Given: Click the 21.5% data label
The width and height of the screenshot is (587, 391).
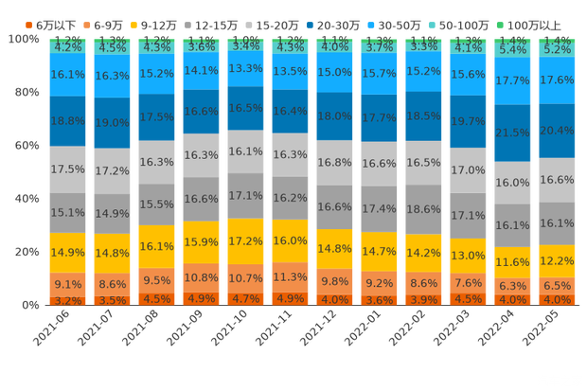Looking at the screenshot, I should (512, 133).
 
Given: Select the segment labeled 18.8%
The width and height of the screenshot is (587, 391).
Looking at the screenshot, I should (66, 121).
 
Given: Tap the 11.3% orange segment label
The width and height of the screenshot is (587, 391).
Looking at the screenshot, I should (290, 277).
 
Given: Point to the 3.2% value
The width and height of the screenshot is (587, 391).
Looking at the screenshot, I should (66, 300).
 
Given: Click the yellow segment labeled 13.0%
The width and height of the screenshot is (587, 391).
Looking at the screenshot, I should (468, 256).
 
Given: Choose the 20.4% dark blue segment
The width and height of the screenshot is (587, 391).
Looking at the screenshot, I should (557, 131).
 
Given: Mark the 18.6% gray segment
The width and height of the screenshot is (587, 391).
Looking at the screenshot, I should (423, 208).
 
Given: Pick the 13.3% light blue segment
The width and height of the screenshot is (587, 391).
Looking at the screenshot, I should (245, 68).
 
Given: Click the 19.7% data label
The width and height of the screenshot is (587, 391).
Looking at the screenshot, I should (468, 121).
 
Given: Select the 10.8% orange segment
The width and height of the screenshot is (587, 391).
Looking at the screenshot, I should (201, 278).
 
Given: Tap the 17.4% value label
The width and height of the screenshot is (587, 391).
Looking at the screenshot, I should (379, 208).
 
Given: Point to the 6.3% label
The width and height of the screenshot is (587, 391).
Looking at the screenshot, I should (512, 286).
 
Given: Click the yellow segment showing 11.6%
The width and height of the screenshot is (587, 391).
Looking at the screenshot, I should (512, 261).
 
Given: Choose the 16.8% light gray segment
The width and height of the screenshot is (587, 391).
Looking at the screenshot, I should (334, 162).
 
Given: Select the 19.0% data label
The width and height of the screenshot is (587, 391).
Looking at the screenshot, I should (112, 122).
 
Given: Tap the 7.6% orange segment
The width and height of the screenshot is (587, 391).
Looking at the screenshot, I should (468, 282).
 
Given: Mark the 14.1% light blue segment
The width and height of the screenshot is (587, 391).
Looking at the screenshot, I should (201, 69).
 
